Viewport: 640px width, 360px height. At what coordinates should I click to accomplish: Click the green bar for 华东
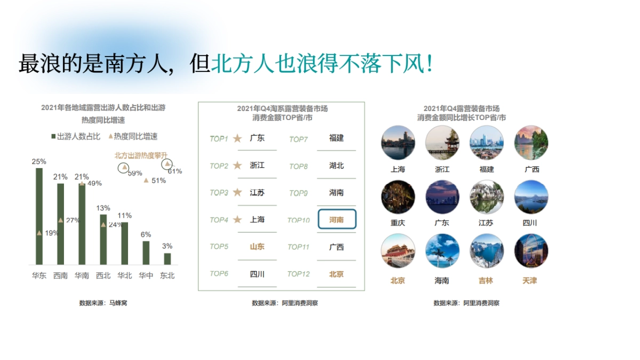(39, 216)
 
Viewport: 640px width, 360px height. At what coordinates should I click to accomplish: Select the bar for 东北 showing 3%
(167, 259)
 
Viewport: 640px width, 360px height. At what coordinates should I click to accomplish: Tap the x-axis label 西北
(103, 276)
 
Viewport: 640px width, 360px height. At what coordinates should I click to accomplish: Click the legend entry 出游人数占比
(75, 137)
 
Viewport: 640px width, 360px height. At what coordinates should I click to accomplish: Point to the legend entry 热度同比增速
(133, 137)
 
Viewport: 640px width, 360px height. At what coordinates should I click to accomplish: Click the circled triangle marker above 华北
(124, 167)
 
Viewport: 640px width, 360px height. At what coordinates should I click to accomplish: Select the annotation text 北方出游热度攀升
(137, 155)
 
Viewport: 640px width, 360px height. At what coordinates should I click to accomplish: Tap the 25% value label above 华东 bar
(39, 162)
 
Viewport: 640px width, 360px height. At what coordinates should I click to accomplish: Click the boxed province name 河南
(337, 219)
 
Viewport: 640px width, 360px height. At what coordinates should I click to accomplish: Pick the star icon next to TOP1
(237, 139)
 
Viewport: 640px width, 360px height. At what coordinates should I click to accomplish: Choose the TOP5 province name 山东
(257, 246)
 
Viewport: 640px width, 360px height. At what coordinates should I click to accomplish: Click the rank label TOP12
(298, 274)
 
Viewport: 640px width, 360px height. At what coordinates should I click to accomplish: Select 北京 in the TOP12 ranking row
(337, 274)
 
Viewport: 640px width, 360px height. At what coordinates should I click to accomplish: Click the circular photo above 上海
(398, 143)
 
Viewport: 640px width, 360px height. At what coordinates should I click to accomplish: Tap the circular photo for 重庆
(398, 197)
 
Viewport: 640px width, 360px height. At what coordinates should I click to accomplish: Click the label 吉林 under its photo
(486, 281)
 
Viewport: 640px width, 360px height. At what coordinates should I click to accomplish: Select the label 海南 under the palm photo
(442, 281)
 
